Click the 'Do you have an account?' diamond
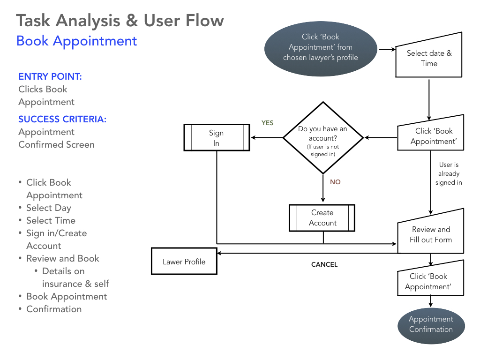point(323,138)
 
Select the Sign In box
point(216,138)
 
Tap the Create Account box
point(322,218)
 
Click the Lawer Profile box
point(184,262)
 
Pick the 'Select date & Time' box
point(429,59)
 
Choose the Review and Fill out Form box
point(430,235)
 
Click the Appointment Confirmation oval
point(431,324)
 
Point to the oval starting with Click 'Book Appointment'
point(321,47)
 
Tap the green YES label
point(267,123)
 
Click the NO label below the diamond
point(335,182)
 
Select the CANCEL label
point(324,264)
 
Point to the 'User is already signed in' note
point(449,173)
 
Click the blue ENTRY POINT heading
point(50,76)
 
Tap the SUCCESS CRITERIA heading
point(62,119)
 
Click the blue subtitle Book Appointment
point(76,41)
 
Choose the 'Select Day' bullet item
point(48,208)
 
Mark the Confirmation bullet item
point(54,309)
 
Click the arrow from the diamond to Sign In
point(267,138)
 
